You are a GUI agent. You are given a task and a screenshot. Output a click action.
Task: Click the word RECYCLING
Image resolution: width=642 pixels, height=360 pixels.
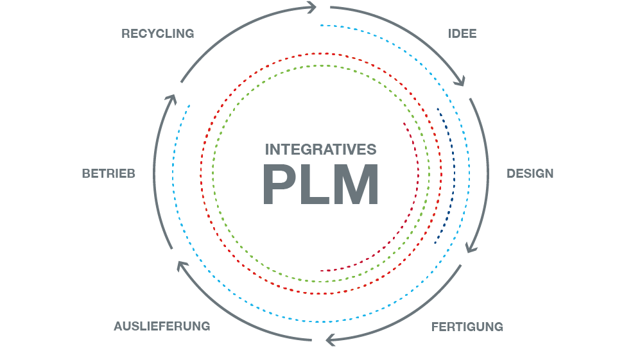click(157, 33)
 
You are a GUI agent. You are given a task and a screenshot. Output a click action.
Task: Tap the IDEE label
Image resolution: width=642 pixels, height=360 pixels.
click(462, 33)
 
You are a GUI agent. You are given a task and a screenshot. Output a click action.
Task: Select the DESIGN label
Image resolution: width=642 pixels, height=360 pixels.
click(530, 173)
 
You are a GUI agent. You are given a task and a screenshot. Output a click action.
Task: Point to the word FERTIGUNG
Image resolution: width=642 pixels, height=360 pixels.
click(467, 327)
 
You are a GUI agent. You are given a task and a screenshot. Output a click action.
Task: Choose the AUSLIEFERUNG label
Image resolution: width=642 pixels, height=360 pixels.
click(162, 326)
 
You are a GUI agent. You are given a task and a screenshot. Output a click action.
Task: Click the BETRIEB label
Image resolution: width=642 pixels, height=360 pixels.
click(108, 173)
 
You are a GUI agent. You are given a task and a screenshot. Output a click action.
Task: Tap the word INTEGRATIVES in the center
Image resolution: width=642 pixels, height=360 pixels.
click(320, 150)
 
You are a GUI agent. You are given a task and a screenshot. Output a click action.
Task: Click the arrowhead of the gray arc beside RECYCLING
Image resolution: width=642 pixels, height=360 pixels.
click(312, 8)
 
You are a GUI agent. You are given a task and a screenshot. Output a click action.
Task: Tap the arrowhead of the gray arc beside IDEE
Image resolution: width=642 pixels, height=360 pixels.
click(460, 81)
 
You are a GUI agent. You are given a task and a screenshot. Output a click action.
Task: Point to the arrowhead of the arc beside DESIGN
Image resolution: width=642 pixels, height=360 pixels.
click(471, 247)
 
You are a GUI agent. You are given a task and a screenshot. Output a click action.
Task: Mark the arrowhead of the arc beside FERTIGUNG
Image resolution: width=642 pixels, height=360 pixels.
click(330, 339)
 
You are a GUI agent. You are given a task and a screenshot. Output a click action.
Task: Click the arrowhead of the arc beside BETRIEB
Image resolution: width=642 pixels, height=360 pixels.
click(170, 99)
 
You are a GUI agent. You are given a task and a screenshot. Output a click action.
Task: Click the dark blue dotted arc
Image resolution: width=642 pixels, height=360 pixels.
click(455, 173)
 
